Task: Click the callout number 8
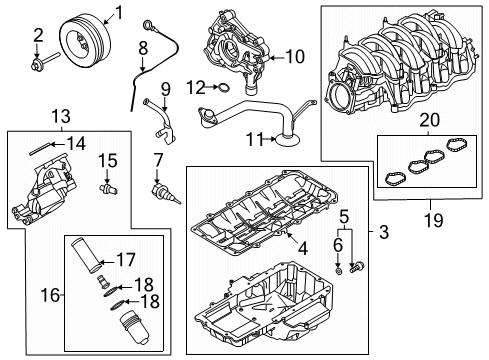[143, 47]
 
